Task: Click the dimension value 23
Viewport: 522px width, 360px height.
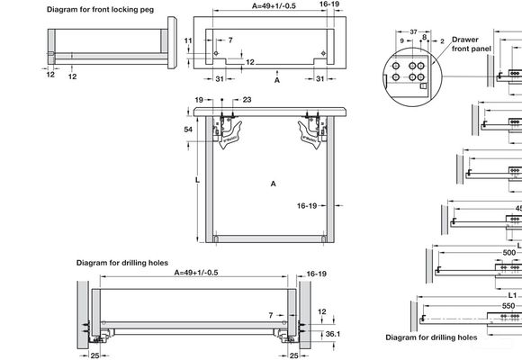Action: tap(247, 100)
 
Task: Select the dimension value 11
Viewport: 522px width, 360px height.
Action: tap(190, 41)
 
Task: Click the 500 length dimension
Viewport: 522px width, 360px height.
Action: tap(509, 253)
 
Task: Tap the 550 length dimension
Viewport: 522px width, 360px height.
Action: tap(509, 306)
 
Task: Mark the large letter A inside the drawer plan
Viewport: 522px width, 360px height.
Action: tap(273, 183)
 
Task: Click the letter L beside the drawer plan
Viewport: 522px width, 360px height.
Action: tap(197, 180)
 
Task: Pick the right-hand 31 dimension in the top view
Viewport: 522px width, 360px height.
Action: tap(320, 78)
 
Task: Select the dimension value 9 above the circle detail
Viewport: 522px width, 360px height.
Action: tap(400, 41)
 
